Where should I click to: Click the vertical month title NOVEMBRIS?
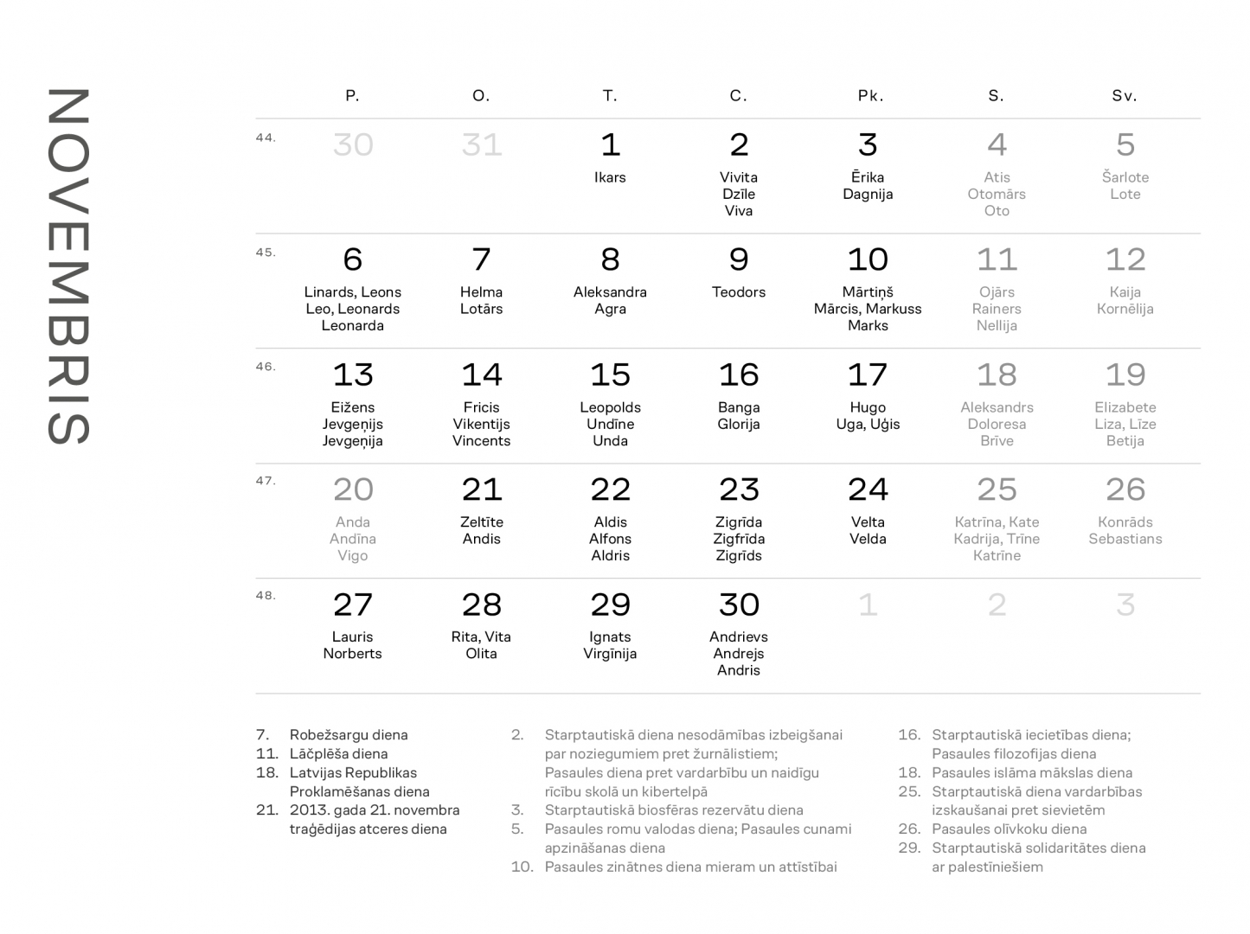69,265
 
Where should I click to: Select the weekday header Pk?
870,96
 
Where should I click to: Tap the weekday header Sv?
1125,96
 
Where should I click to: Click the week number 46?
266,367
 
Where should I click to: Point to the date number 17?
868,375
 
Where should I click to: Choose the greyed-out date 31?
482,144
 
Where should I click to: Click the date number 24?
868,490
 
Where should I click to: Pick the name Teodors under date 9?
739,292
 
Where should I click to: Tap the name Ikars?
610,177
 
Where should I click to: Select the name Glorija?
739,424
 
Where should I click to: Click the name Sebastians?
1125,539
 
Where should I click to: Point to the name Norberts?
352,654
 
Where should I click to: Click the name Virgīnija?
610,654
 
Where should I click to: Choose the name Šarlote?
1125,177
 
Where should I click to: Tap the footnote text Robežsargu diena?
349,735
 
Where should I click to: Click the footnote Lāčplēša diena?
338,754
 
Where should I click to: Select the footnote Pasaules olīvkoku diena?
1009,829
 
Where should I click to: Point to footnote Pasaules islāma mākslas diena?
1031,773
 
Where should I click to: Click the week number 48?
266,596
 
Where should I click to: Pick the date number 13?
353,375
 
